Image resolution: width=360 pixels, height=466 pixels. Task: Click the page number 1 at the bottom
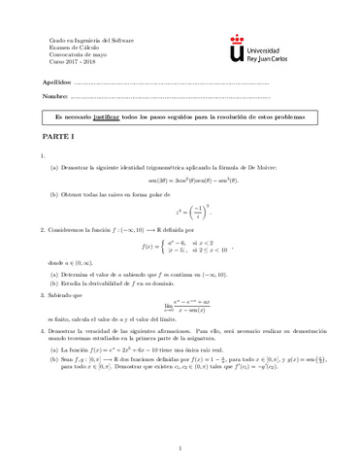[180, 448]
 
